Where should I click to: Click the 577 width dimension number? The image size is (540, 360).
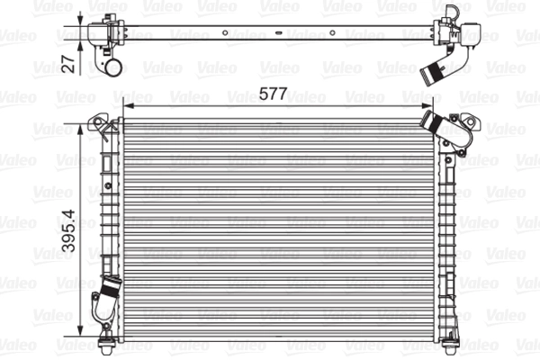point(274,91)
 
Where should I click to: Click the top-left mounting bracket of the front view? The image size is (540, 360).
point(106,123)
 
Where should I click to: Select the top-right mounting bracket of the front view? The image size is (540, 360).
point(460,124)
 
